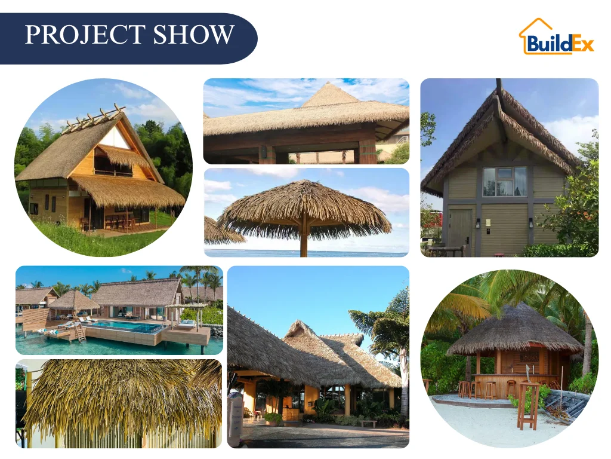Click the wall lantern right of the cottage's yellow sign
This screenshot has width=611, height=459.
(x=530, y=223)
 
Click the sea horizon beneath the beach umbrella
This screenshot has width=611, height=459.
(x=358, y=253)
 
